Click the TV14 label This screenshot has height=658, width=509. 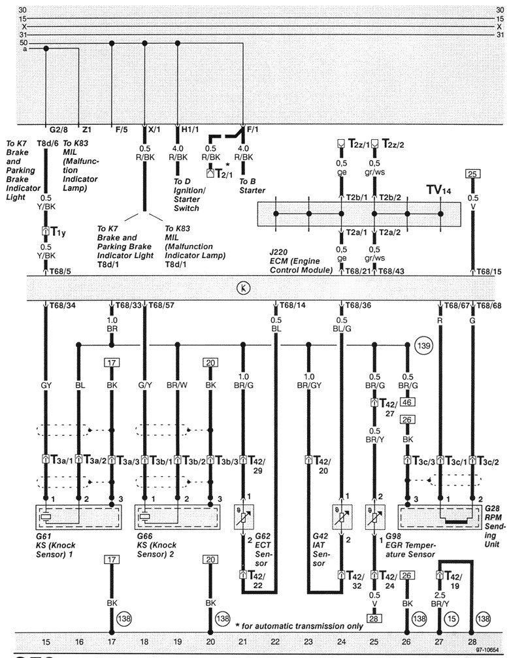(438, 190)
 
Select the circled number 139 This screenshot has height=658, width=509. (423, 344)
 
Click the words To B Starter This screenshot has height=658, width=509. (252, 186)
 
